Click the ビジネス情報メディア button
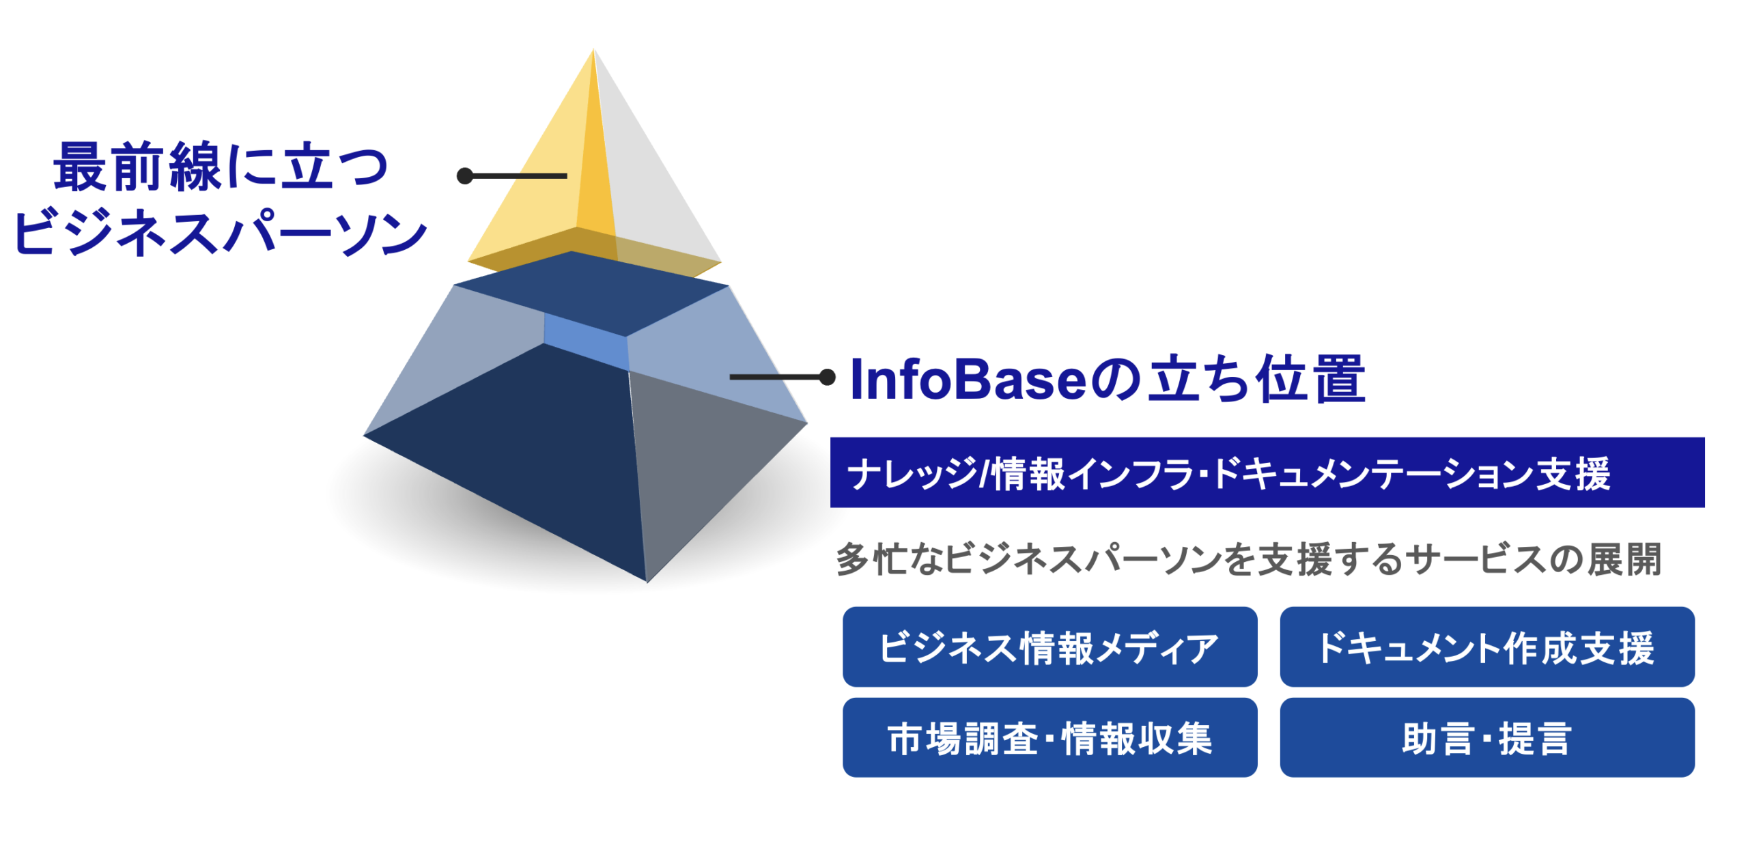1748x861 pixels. (1049, 646)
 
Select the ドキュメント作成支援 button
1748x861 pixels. (1486, 646)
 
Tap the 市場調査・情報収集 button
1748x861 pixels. (1049, 737)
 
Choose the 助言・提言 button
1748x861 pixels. (1486, 737)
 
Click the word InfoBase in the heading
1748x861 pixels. (968, 379)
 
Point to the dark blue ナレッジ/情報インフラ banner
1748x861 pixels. (1267, 472)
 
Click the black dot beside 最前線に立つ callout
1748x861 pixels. (465, 176)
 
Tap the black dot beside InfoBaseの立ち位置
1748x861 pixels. (827, 376)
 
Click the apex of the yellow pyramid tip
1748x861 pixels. (593, 49)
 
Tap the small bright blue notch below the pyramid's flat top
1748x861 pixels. (586, 341)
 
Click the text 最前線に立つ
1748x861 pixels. (220, 166)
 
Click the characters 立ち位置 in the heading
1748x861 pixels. (1256, 379)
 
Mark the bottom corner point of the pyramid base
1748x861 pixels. (647, 582)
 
